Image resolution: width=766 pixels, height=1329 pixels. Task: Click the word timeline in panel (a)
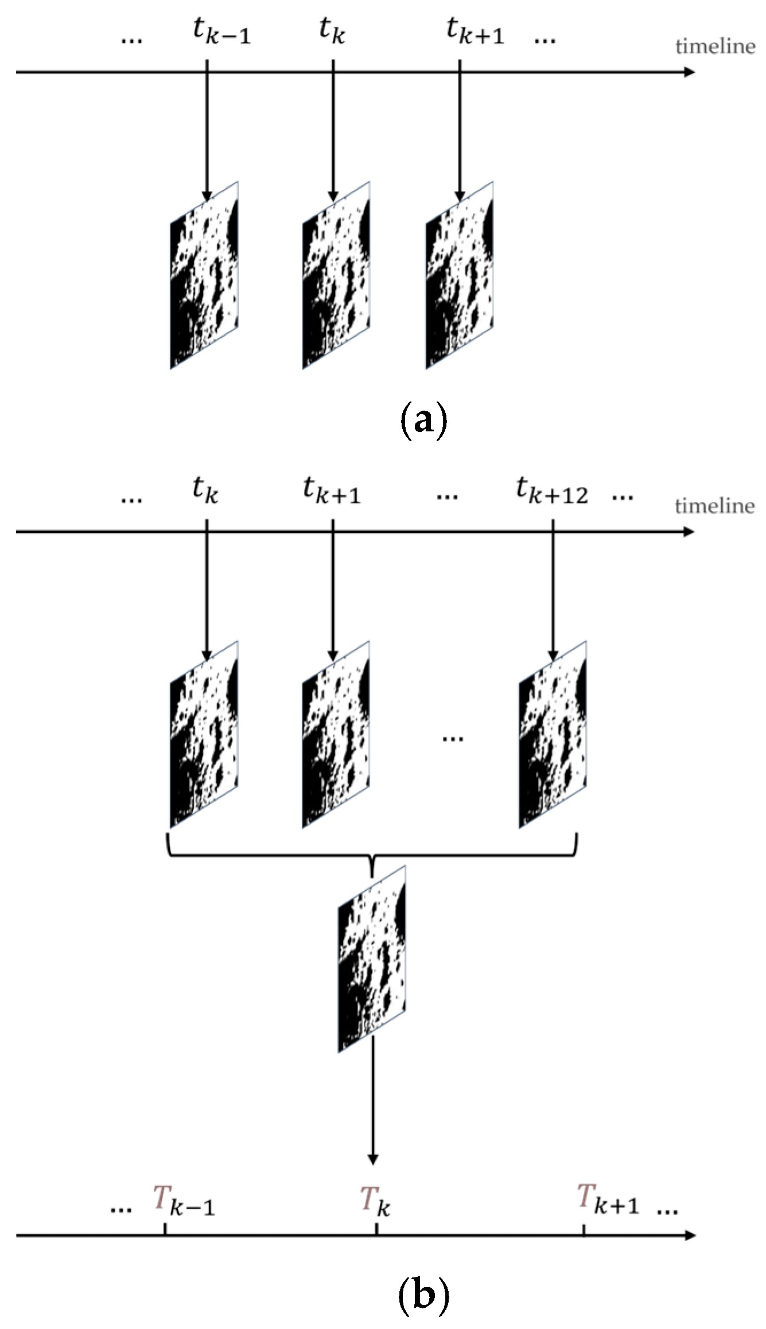[x=715, y=46]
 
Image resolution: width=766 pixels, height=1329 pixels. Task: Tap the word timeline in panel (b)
[x=715, y=506]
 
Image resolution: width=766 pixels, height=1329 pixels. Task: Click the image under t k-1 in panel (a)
[x=204, y=275]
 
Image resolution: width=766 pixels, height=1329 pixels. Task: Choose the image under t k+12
[x=553, y=735]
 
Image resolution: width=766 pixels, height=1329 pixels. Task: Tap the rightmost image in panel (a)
[x=459, y=275]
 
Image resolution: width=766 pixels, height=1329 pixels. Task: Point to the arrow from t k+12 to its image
[x=553, y=591]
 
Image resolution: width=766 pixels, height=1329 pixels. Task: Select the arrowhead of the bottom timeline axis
[x=690, y=1235]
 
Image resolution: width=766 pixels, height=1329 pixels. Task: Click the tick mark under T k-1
[x=165, y=1230]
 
